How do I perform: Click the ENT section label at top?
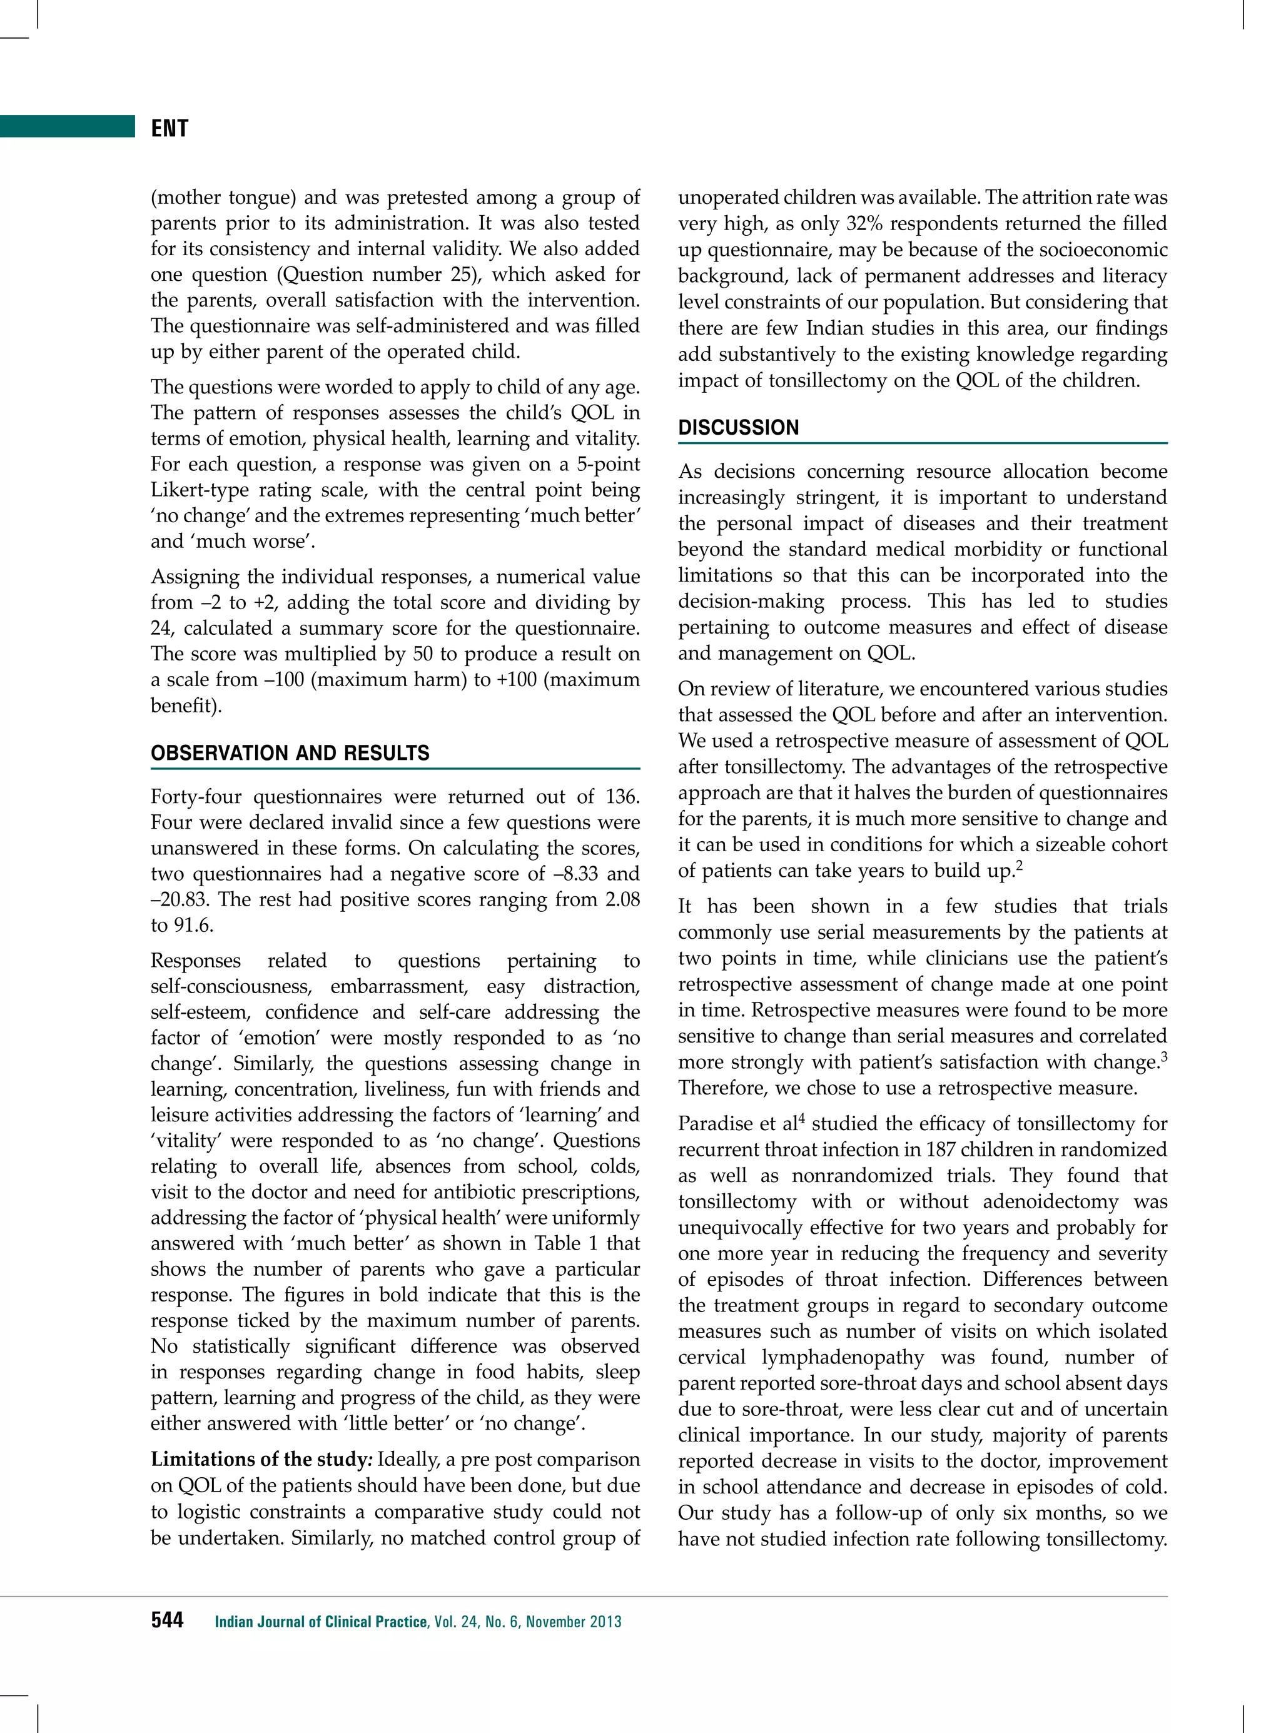tap(169, 128)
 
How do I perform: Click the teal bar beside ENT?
tap(68, 126)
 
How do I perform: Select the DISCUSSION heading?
tap(737, 427)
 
